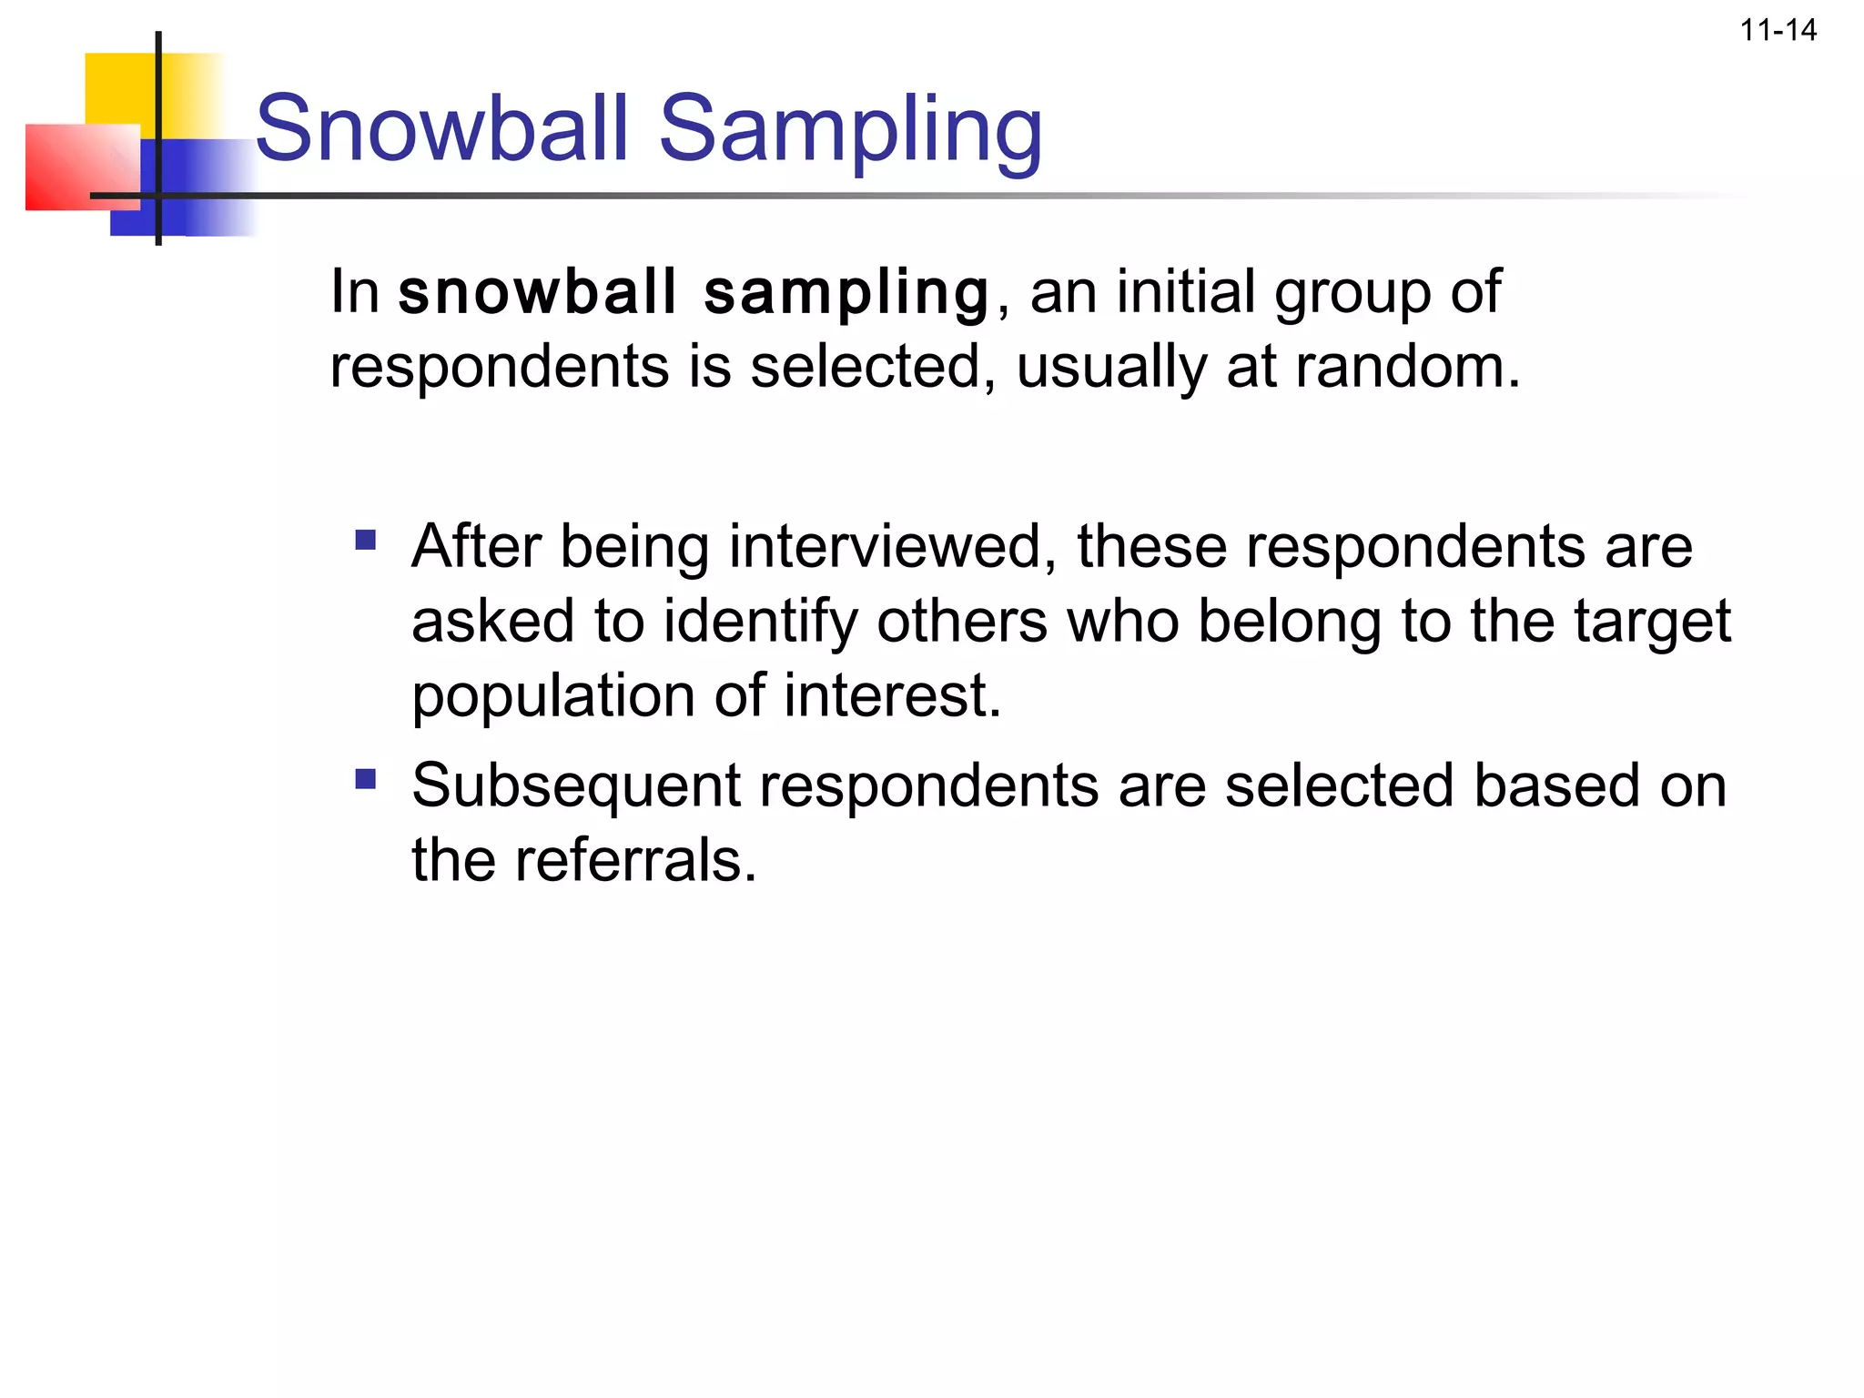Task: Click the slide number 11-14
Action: (x=1778, y=31)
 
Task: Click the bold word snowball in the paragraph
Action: (x=537, y=292)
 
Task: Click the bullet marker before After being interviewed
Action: (x=366, y=542)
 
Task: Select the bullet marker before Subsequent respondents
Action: (x=366, y=780)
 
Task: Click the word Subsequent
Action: (x=576, y=786)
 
